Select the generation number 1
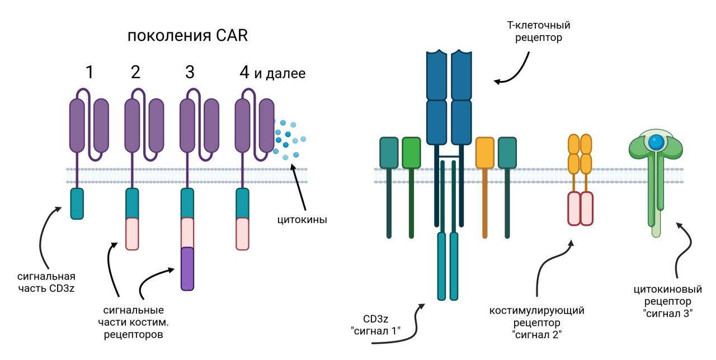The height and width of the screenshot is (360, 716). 89,72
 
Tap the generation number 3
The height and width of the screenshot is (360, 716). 190,72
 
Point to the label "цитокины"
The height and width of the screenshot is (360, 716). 302,220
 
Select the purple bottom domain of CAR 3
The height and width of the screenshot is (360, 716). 187,268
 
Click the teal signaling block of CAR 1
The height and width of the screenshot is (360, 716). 77,203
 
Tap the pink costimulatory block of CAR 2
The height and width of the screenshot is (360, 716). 132,234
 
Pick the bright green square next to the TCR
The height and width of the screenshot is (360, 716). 411,153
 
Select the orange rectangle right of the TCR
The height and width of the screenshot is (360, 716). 485,153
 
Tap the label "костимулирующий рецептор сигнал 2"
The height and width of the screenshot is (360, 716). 536,323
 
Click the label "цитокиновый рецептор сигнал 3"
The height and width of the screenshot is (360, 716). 664,302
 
